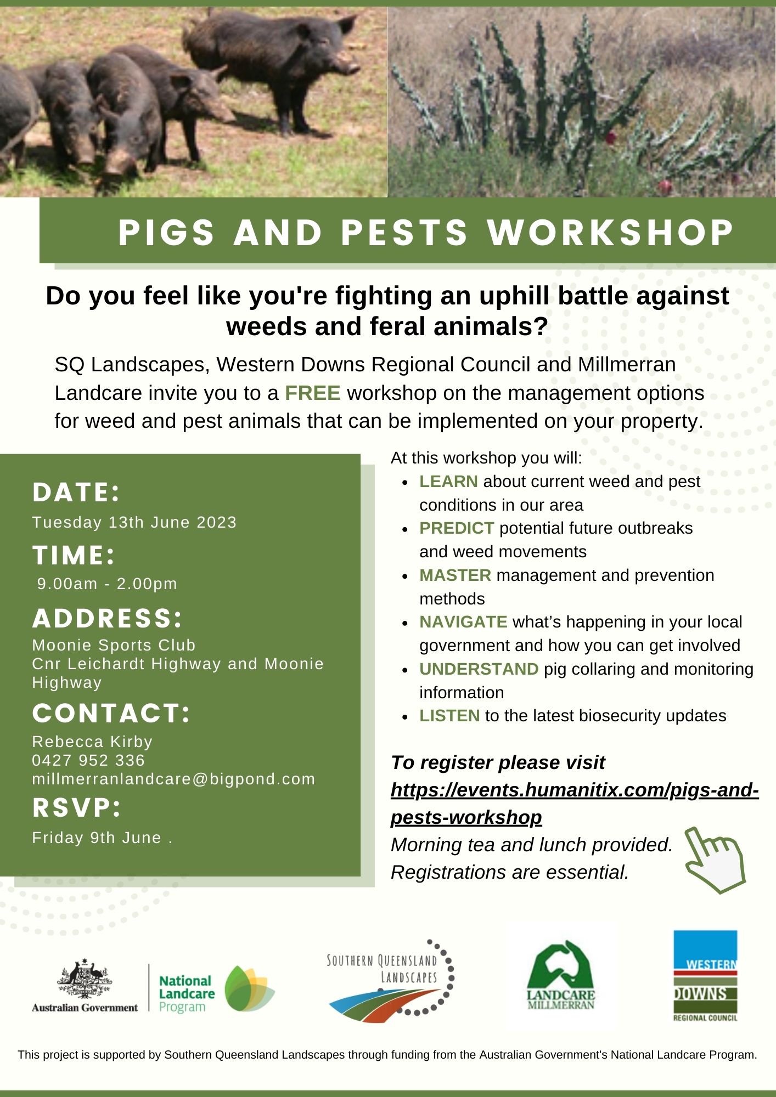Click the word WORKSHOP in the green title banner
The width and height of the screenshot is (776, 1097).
pos(610,232)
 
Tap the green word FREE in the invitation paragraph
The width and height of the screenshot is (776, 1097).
pos(313,393)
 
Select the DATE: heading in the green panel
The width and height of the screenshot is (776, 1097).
pos(76,492)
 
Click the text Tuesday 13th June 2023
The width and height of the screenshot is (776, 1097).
pos(134,522)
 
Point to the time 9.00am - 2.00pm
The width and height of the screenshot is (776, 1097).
pos(108,583)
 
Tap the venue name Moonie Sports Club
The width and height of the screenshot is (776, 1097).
pos(114,645)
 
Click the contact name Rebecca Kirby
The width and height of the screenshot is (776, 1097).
pos(92,742)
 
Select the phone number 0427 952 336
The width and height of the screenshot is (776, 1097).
pos(88,760)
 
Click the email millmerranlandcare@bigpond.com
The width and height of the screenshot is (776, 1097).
pos(174,779)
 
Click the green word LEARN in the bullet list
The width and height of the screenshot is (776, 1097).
pos(448,481)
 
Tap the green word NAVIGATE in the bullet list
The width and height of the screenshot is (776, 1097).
pos(463,621)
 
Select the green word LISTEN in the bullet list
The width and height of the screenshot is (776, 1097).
pos(449,715)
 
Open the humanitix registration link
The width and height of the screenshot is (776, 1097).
pos(575,804)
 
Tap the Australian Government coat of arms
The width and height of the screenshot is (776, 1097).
pos(85,980)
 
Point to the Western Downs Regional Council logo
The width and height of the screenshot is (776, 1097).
pos(705,975)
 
